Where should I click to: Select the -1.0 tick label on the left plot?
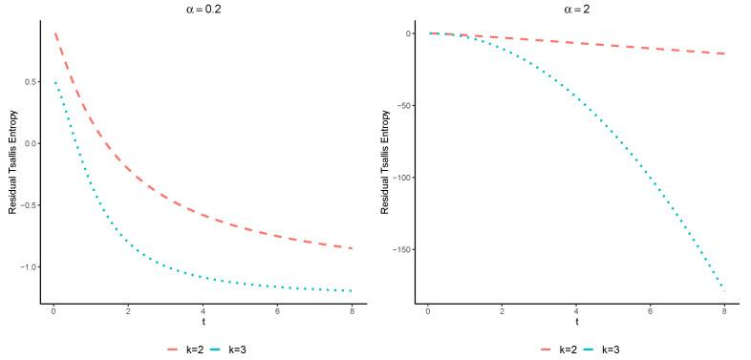tap(27, 266)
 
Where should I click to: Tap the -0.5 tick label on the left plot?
tap(27, 205)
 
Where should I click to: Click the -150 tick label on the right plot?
tap(402, 250)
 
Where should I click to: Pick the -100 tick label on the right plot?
tap(402, 178)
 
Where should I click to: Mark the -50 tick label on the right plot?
tap(405, 105)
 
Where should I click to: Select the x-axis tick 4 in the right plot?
tap(577, 312)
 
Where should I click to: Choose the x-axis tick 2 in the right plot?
tap(503, 312)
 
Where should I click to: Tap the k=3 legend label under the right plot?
tap(612, 349)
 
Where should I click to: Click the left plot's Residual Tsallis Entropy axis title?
tap(12, 159)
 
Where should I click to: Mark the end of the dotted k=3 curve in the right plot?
tap(725, 289)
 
